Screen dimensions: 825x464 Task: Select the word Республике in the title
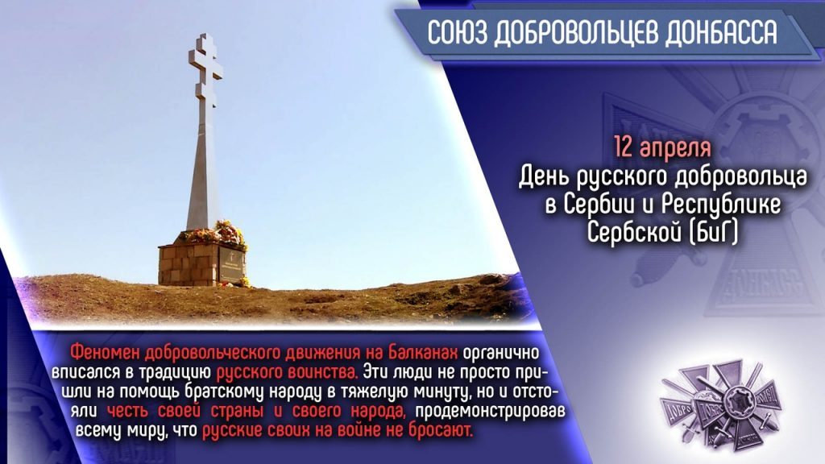tap(721, 205)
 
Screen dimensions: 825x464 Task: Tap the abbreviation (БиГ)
tap(713, 232)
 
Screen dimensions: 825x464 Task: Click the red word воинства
tap(324, 372)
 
